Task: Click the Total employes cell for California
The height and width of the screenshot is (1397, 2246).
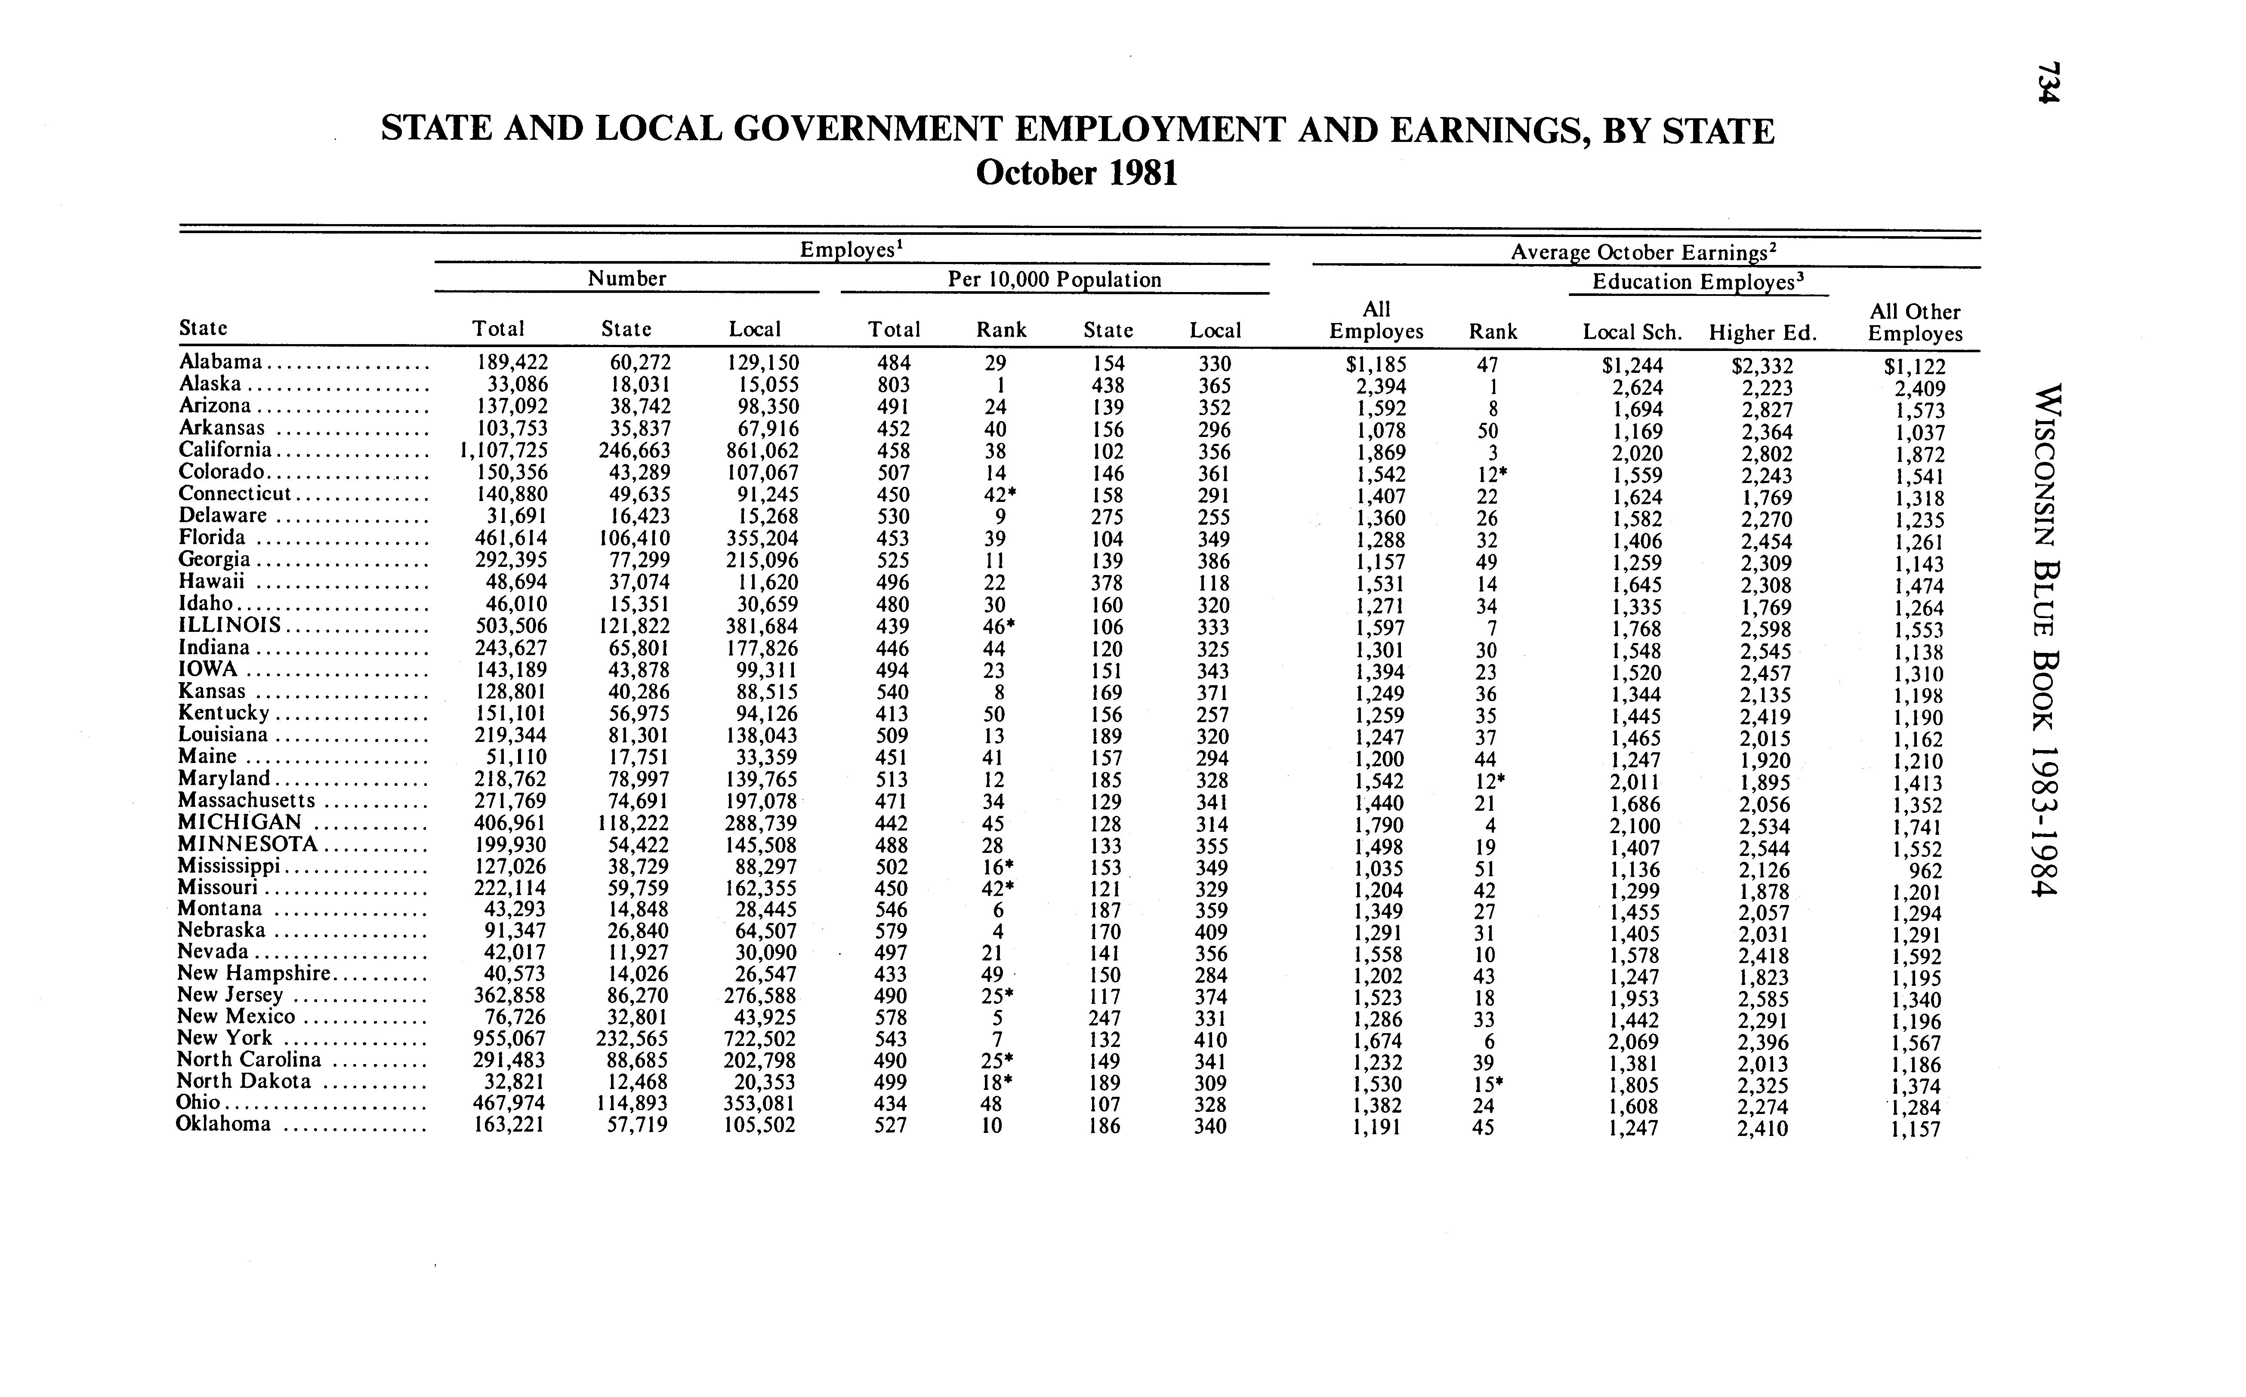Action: coord(504,451)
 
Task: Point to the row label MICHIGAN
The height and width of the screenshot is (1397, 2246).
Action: coord(239,822)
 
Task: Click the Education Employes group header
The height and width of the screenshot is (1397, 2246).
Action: coord(1698,282)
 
